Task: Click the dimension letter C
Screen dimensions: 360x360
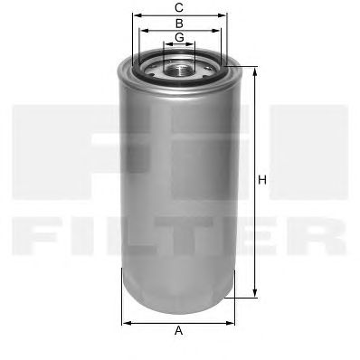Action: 179,7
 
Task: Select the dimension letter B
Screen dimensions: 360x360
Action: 179,23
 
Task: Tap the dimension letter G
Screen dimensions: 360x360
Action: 179,37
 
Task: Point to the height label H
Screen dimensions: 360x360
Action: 262,180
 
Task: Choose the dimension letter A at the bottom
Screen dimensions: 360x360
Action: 179,330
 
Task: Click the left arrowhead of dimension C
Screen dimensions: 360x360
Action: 137,15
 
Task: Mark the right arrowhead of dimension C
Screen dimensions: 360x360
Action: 222,15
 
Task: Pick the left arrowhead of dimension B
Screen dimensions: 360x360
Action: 144,31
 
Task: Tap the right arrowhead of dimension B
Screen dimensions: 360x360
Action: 216,31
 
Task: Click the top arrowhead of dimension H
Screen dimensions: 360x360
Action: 255,73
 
